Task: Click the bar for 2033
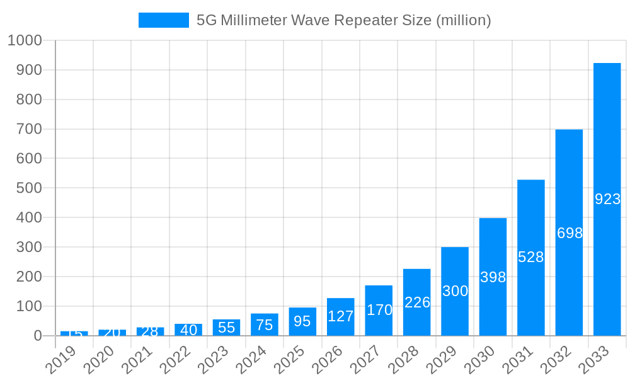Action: click(607, 199)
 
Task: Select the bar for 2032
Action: click(569, 232)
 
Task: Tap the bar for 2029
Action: click(455, 291)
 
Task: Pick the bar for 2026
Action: click(341, 316)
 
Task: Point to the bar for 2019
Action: click(74, 333)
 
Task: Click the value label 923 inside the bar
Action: click(607, 199)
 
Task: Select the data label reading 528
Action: click(531, 257)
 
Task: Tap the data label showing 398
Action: click(493, 277)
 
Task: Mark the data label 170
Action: click(379, 310)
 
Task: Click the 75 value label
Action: click(265, 325)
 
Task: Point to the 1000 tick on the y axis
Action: click(25, 40)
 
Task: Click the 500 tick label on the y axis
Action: click(29, 188)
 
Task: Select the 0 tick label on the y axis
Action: click(38, 336)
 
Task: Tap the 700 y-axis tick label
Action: click(29, 129)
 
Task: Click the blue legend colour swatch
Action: click(164, 20)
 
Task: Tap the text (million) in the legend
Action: click(463, 20)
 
